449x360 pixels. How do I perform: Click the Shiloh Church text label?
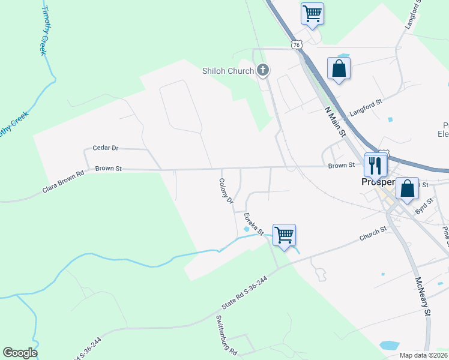tap(228, 71)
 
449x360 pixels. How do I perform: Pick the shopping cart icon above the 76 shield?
tap(312, 13)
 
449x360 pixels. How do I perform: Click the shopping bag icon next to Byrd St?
tap(408, 188)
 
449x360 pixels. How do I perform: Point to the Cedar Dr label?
tap(106, 148)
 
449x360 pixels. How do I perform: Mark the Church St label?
tap(373, 233)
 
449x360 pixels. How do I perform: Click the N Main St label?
tap(335, 122)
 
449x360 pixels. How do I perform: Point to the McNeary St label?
tap(423, 296)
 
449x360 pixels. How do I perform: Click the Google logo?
tap(20, 353)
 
